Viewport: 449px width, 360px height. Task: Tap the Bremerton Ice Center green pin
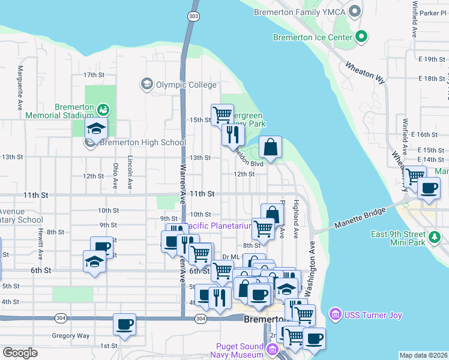pyautogui.click(x=361, y=37)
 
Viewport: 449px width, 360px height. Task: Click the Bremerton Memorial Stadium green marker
pyautogui.click(x=104, y=110)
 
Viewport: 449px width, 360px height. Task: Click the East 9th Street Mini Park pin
pyautogui.click(x=436, y=238)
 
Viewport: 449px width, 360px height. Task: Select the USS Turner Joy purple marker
pyautogui.click(x=335, y=314)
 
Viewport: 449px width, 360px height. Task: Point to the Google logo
pyautogui.click(x=20, y=353)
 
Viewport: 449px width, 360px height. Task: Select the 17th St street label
pyautogui.click(x=94, y=75)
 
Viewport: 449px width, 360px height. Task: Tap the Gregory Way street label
pyautogui.click(x=70, y=335)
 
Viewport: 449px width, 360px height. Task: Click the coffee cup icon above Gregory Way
pyautogui.click(x=125, y=325)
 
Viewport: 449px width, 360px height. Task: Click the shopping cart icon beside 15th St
pyautogui.click(x=222, y=113)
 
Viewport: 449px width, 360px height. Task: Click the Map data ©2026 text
pyautogui.click(x=423, y=355)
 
